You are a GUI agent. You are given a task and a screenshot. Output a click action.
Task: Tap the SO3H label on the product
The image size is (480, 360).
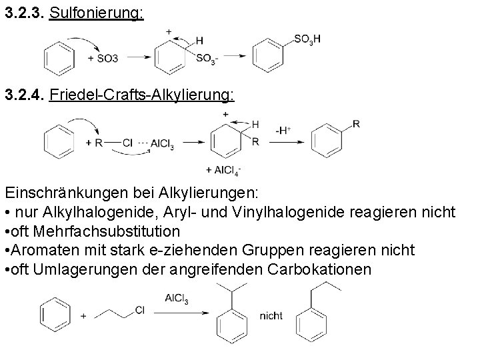[x=307, y=40]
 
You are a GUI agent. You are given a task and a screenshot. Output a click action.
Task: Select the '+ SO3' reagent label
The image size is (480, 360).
[x=103, y=59]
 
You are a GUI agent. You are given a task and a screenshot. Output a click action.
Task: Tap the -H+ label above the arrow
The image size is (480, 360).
[x=283, y=131]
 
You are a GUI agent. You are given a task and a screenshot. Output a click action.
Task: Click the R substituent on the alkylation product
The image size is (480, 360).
[x=357, y=123]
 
